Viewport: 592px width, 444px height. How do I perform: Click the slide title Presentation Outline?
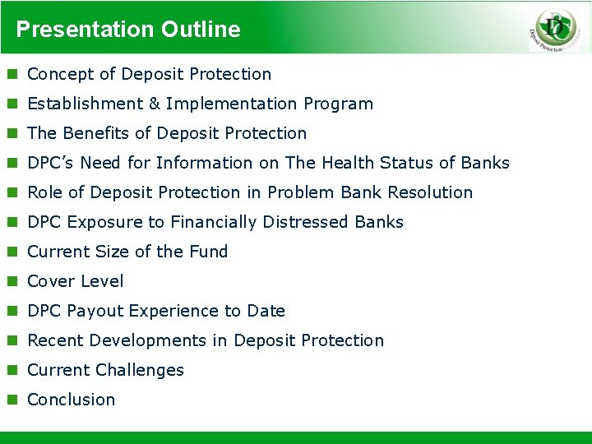(128, 30)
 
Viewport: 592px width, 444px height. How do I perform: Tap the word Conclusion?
(72, 400)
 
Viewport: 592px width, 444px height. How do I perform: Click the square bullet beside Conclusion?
(12, 400)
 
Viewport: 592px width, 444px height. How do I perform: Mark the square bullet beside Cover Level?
(12, 282)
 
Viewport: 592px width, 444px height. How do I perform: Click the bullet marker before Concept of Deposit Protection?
(12, 75)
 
